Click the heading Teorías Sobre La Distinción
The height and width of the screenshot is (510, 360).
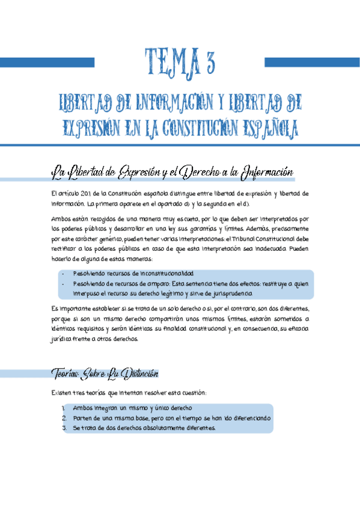point(105,374)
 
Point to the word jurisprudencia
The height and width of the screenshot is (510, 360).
point(231,293)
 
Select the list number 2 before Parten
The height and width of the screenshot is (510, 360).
point(63,418)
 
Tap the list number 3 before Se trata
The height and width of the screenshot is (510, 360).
point(63,428)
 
